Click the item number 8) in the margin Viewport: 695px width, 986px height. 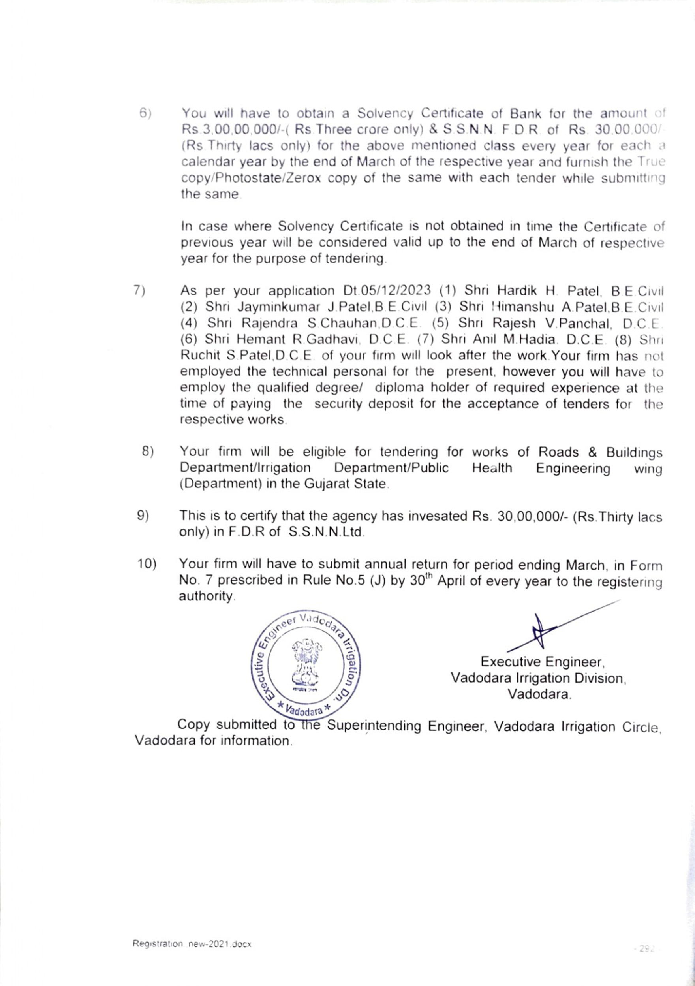click(148, 452)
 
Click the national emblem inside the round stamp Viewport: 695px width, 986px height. click(305, 661)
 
